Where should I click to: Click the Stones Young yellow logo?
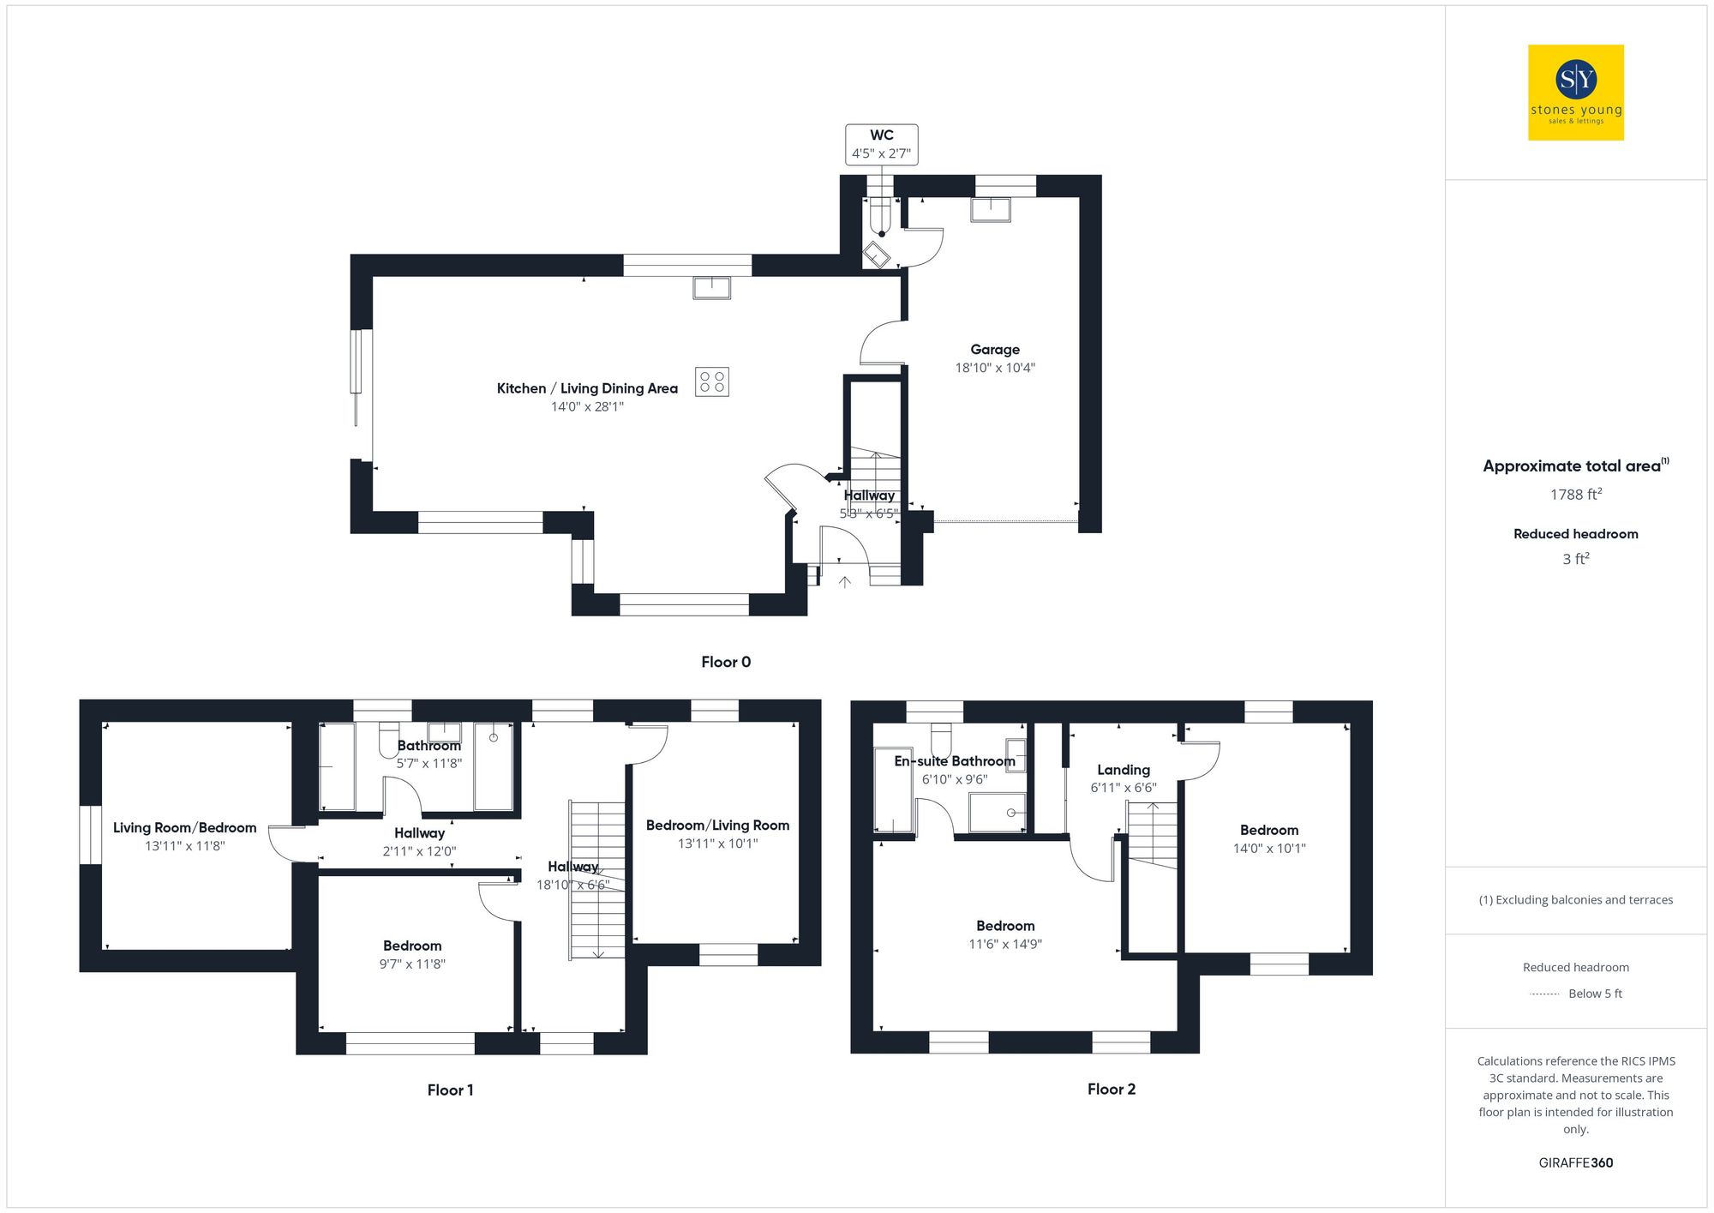1575,93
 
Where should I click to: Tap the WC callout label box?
881,144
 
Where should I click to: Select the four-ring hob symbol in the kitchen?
711,381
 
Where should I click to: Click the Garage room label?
994,350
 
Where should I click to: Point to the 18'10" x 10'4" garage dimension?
994,368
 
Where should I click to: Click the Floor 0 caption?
725,662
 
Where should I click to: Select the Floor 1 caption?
450,1090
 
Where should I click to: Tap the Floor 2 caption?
1111,1089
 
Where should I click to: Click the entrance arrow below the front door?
844,582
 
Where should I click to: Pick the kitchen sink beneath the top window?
711,287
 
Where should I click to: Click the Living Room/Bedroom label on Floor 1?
184,827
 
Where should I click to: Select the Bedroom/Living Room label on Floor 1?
717,825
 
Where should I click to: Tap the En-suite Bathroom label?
954,761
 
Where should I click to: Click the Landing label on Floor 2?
1123,770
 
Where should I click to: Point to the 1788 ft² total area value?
1575,495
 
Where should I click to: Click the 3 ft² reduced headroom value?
1575,559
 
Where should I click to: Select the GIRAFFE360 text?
1575,1162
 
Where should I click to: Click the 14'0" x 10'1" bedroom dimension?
1268,849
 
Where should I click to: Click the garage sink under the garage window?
990,209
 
